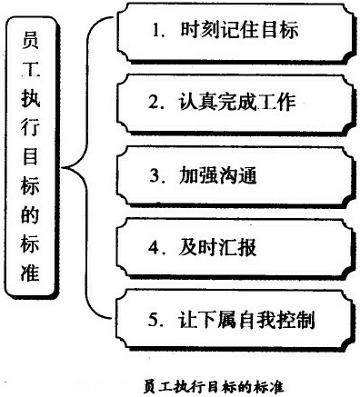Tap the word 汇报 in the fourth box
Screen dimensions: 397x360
238,246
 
